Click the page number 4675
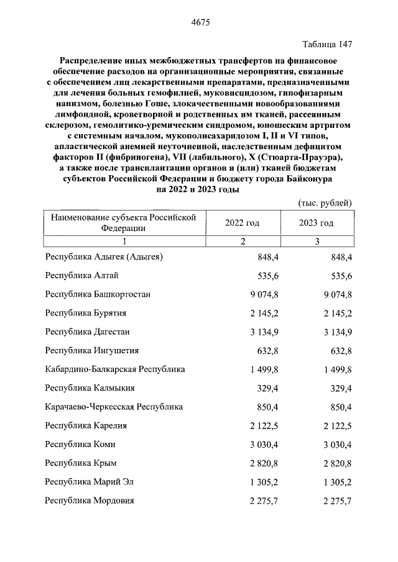tap(199, 23)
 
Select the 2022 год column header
tap(242, 223)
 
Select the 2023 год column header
tap(316, 223)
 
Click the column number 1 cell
tap(124, 242)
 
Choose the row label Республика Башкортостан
tap(98, 294)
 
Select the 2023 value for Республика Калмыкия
tap(341, 388)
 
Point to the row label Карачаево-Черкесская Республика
tap(114, 407)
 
